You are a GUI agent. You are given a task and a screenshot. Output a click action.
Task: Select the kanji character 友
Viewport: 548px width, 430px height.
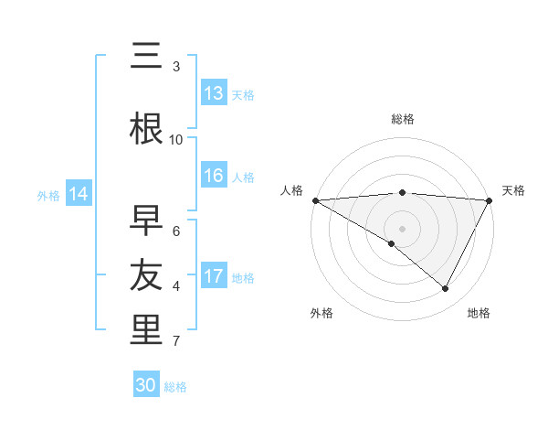[146, 274]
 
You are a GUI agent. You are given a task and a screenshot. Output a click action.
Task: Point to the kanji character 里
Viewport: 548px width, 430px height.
[146, 329]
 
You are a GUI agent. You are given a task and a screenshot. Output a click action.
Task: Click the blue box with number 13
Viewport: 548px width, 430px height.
[214, 93]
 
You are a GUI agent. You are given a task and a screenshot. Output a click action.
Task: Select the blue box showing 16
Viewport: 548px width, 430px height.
[214, 177]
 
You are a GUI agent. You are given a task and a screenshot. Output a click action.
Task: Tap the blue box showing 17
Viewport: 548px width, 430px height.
[214, 277]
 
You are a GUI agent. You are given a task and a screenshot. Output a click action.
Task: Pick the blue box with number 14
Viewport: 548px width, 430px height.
[79, 194]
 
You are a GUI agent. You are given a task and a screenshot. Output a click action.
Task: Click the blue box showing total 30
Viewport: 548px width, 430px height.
[146, 385]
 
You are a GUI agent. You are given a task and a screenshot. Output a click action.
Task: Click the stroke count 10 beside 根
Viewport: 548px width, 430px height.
[176, 139]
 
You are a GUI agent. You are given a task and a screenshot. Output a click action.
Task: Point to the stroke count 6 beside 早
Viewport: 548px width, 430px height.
[176, 231]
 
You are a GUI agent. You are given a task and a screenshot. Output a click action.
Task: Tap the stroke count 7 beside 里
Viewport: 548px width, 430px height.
[176, 341]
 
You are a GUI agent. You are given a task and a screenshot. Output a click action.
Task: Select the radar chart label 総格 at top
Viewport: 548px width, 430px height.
[402, 119]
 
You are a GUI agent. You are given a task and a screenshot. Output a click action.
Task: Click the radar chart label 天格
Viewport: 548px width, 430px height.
[513, 190]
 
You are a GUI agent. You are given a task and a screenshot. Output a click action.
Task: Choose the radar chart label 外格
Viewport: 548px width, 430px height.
[321, 313]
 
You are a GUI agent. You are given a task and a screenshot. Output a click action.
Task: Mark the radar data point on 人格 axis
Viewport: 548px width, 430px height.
[315, 199]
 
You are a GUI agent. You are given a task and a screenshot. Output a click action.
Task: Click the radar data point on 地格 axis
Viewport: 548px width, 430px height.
[446, 288]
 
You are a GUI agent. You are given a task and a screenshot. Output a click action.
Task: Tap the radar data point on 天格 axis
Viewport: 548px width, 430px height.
[490, 199]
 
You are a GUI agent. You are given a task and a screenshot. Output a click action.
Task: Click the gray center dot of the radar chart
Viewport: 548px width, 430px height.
[402, 228]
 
